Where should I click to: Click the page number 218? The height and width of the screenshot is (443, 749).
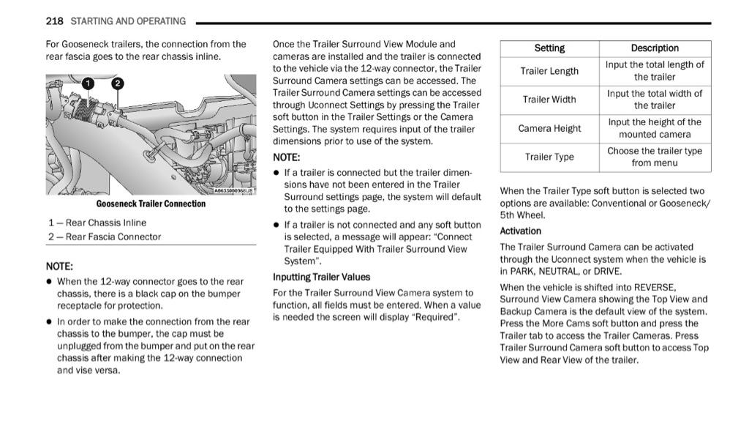click(x=54, y=21)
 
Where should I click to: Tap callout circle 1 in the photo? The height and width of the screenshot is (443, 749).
click(x=89, y=83)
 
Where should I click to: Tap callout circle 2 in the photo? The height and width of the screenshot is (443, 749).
click(x=117, y=83)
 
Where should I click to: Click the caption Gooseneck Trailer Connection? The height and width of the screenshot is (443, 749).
click(x=151, y=204)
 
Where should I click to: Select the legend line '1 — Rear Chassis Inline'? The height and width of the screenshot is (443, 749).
click(x=97, y=223)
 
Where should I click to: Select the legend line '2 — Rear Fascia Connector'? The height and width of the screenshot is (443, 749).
click(x=105, y=237)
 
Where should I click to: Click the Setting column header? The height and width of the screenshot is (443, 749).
click(x=549, y=48)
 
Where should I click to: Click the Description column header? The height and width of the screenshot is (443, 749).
click(x=655, y=48)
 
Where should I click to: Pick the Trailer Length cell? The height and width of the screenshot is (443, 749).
click(x=549, y=71)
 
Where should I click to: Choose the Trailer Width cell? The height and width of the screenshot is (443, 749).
click(x=549, y=100)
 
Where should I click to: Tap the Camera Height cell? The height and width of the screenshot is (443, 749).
click(x=549, y=128)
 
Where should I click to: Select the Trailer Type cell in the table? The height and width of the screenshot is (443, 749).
click(x=549, y=157)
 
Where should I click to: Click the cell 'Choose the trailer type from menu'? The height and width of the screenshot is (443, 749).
click(x=655, y=157)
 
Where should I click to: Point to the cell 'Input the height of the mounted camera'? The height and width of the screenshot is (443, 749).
click(x=655, y=128)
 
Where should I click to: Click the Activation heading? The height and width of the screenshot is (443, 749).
click(x=521, y=231)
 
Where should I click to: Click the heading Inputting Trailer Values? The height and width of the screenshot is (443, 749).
click(x=322, y=278)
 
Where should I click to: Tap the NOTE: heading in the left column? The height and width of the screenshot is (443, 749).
click(x=60, y=267)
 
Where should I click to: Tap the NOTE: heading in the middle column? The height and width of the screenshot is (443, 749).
click(x=287, y=157)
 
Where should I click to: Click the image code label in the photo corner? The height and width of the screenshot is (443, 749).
click(x=233, y=190)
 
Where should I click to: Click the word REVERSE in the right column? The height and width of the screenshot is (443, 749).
click(x=655, y=287)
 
